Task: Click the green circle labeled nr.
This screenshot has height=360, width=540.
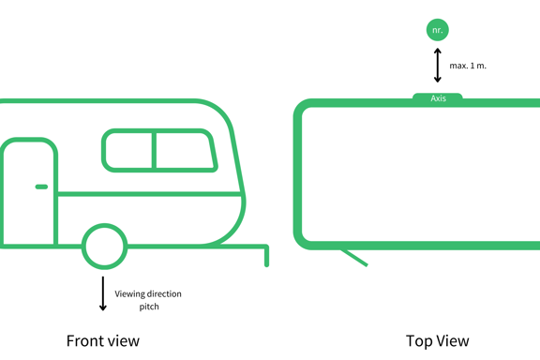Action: coord(438,30)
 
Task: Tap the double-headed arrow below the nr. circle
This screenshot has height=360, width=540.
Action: coord(438,65)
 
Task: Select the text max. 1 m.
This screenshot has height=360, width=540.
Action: coord(468,66)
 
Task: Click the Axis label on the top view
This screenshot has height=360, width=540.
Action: coord(438,98)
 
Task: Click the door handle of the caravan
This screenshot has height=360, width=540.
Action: coord(41,187)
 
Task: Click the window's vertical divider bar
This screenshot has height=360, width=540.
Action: coord(155,151)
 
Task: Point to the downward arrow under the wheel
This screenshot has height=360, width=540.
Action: coord(102,293)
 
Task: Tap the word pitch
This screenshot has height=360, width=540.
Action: coord(149,307)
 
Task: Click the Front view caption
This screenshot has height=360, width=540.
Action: coord(103,340)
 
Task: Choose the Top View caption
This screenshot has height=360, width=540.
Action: coord(438,341)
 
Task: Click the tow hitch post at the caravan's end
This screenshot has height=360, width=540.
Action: coord(266,256)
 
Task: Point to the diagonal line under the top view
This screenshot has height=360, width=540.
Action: coord(354,258)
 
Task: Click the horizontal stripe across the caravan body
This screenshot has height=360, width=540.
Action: coord(149,194)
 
